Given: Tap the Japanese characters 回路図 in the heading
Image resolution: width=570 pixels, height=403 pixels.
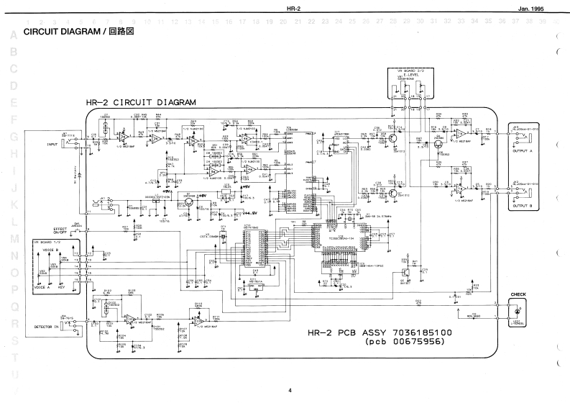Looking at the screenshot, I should point(119,34).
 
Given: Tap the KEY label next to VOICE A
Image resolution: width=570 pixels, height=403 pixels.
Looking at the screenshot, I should point(62,287).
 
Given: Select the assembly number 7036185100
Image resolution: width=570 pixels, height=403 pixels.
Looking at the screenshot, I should point(410,332).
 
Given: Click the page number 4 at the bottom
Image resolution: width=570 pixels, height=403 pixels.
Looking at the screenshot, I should point(290,390).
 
